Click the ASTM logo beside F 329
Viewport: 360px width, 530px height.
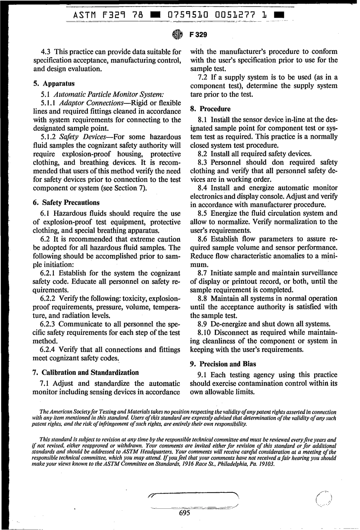coord(177,34)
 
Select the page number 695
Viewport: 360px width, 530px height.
coord(184,513)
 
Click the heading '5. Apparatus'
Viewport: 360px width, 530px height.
coord(54,83)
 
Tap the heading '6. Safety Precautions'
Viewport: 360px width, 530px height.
coord(67,202)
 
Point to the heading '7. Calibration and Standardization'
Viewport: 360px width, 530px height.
coord(86,372)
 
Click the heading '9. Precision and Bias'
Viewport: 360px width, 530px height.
coord(223,364)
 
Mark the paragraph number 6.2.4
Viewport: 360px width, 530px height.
coord(48,350)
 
